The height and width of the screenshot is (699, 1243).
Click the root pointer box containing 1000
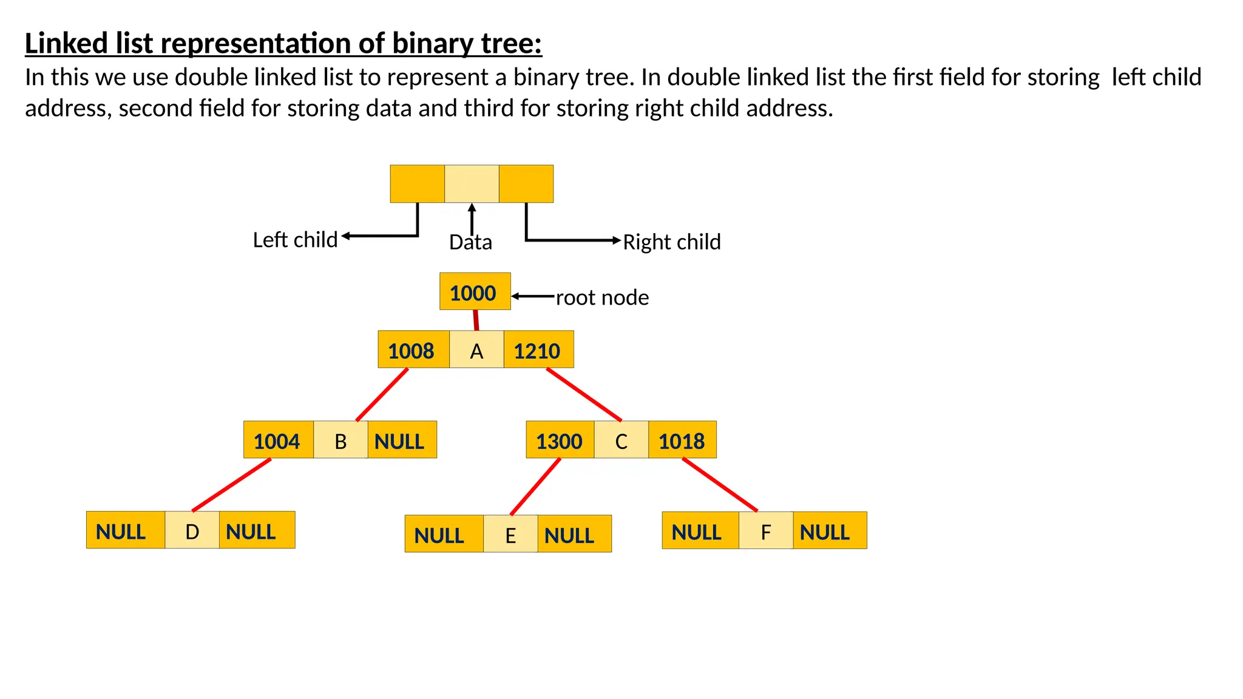click(475, 292)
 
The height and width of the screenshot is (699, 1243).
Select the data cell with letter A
click(476, 350)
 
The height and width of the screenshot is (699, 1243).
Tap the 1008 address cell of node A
click(413, 350)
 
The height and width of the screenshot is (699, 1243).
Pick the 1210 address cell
click(538, 350)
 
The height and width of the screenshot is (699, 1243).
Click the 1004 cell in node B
click(278, 440)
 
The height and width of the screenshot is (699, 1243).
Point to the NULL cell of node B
click(401, 440)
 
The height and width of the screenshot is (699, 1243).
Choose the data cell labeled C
click(621, 440)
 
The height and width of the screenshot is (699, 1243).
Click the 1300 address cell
click(560, 440)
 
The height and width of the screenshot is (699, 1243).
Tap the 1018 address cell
click(682, 440)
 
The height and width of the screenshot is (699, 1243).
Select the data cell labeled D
click(192, 530)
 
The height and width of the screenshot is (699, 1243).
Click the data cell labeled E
click(510, 534)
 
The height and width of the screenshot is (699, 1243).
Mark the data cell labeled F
click(765, 531)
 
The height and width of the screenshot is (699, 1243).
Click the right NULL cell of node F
click(829, 531)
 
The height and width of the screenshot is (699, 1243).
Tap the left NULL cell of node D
click(125, 530)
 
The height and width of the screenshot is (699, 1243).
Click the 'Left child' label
click(295, 240)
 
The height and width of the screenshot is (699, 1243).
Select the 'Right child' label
click(671, 242)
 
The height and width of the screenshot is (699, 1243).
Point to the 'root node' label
click(602, 298)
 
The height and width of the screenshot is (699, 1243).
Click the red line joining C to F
click(720, 484)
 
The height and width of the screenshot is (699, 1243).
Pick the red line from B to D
click(231, 485)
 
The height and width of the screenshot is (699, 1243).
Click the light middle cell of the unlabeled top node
click(472, 184)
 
